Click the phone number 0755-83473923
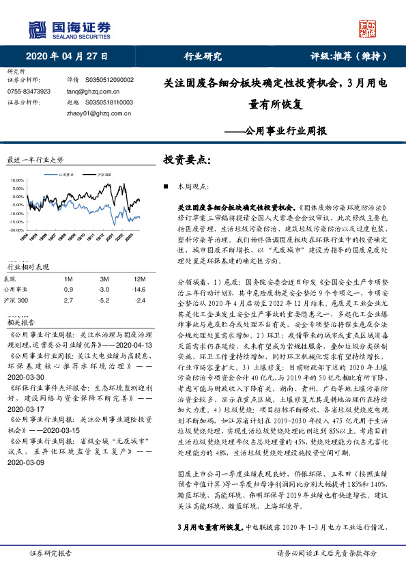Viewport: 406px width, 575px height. (x=29, y=91)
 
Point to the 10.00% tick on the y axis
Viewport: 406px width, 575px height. (x=16, y=180)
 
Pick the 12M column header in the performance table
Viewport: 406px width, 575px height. (x=139, y=279)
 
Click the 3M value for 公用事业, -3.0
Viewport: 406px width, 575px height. (x=104, y=289)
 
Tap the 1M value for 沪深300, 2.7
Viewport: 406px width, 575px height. (x=68, y=299)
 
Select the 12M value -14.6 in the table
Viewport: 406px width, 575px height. (x=139, y=289)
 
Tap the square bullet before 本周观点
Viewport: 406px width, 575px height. (x=167, y=186)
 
